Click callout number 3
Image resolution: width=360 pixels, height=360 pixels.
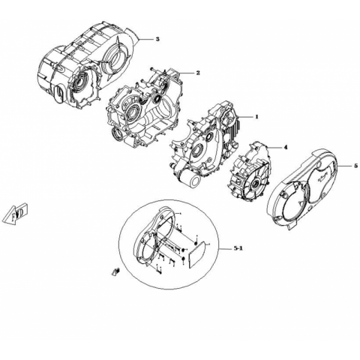coord(157,39)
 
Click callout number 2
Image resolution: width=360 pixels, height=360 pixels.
coord(198,73)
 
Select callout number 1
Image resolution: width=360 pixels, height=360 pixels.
coord(256,117)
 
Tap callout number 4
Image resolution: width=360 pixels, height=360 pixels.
coord(285,148)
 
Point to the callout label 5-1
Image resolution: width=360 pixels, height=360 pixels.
coord(238,248)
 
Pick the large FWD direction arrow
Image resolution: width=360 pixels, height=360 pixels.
coord(15,213)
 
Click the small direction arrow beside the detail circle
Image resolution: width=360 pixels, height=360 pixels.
coord(115,271)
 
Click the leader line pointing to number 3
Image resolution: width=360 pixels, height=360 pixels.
coord(145,39)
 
